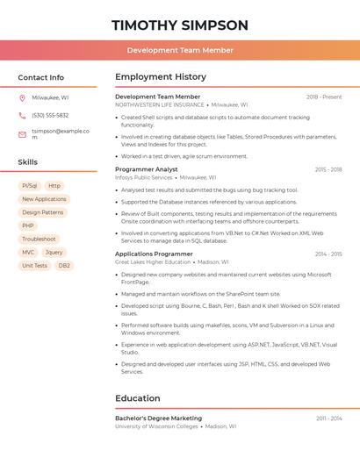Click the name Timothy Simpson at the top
click(x=180, y=25)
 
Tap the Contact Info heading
click(x=41, y=77)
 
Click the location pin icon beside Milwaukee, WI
click(x=22, y=97)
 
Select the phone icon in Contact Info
click(x=22, y=115)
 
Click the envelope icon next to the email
click(x=22, y=133)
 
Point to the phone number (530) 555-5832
click(x=50, y=115)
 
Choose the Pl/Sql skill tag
click(x=29, y=186)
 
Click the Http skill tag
click(x=54, y=186)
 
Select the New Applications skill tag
click(x=44, y=199)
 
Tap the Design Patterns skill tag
click(x=42, y=212)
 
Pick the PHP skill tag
click(x=28, y=225)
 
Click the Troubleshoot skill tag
click(x=39, y=239)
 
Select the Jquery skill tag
click(x=54, y=252)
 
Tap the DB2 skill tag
click(x=64, y=265)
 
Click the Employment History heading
click(x=161, y=77)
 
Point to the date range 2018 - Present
click(x=324, y=97)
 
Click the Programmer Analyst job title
click(x=147, y=169)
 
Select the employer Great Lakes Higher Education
click(x=153, y=261)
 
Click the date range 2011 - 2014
click(x=328, y=418)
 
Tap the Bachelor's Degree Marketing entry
click(x=158, y=418)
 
